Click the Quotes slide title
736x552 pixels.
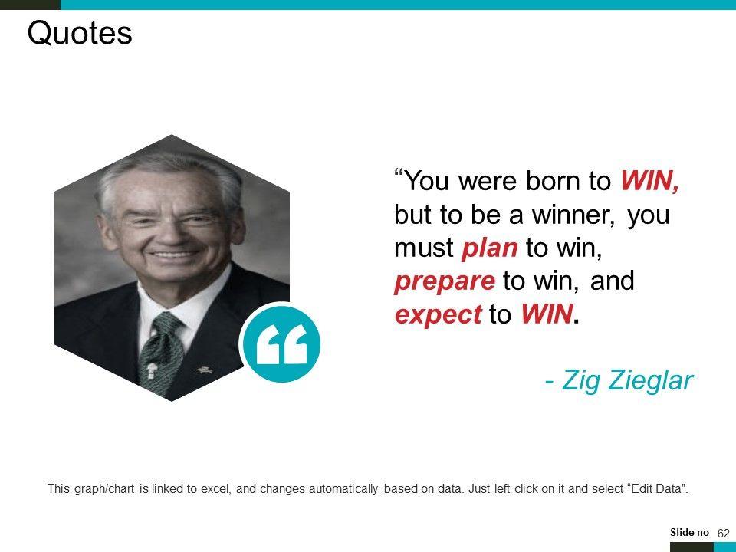[x=80, y=33]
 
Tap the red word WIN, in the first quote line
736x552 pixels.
[x=650, y=181]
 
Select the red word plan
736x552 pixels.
[x=490, y=248]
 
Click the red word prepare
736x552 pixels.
[x=445, y=281]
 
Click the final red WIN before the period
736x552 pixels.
[x=547, y=314]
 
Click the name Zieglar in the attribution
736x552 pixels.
[x=650, y=380]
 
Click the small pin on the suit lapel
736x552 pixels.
[x=205, y=370]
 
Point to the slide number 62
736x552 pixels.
[x=723, y=534]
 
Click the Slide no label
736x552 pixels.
[x=689, y=532]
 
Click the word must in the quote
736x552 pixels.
[x=424, y=248]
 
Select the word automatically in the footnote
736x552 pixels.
[x=343, y=489]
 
